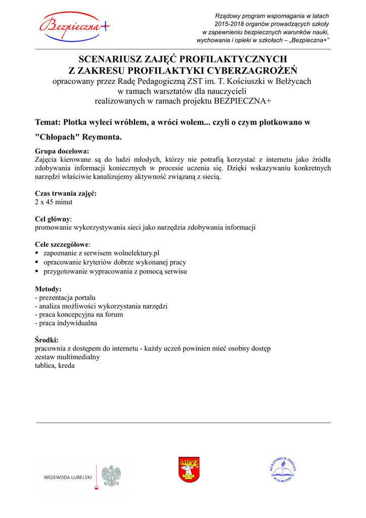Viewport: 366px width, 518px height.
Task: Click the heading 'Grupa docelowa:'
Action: coord(62,151)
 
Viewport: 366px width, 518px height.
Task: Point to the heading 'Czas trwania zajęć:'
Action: coord(66,193)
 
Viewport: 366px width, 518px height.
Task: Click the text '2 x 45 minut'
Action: coord(54,202)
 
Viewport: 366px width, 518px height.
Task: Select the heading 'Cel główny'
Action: coord(53,219)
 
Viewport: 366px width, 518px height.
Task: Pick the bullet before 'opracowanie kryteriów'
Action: coord(37,263)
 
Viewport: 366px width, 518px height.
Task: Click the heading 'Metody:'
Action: coord(48,289)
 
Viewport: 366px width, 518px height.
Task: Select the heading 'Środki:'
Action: coord(47,340)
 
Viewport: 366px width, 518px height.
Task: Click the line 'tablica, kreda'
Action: coord(55,365)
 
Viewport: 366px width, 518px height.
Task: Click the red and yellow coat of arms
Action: coord(189,469)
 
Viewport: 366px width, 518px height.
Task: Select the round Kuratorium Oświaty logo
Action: coord(282,470)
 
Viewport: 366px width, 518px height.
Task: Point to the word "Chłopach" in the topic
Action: coord(58,137)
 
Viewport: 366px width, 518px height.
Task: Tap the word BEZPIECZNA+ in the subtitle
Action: coord(243,101)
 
